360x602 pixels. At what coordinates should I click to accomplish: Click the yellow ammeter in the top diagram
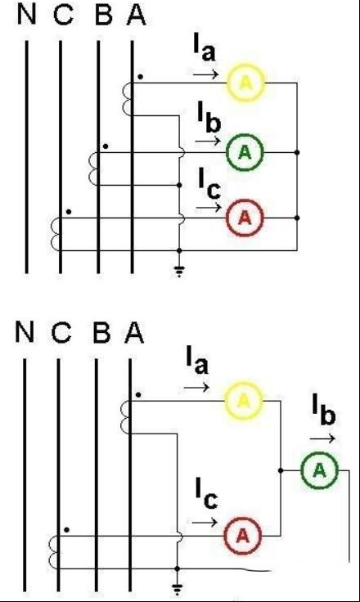coord(246,83)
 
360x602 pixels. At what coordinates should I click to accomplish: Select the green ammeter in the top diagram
coord(245,152)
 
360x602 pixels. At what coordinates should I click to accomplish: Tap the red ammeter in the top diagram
coord(245,218)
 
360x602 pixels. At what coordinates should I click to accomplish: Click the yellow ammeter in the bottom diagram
coord(244,401)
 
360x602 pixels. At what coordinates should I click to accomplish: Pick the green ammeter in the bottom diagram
coord(319,470)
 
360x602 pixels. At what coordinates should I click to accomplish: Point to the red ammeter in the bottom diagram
coord(243,536)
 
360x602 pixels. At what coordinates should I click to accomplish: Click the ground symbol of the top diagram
coord(179,272)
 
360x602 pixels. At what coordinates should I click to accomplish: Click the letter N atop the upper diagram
coord(27,16)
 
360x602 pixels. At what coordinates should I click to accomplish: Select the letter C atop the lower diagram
coord(61,332)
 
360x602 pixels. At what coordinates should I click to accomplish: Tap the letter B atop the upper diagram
coord(103,16)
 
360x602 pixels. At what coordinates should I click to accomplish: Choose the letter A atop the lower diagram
coord(134,332)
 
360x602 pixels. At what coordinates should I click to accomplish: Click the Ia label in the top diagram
coord(205,50)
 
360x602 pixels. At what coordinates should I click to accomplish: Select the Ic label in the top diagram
coord(209,183)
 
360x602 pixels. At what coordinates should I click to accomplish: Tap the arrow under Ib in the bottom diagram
coord(322,438)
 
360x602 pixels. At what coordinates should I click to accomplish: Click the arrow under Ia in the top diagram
coord(206,74)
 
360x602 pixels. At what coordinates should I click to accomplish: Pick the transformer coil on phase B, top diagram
coord(94,169)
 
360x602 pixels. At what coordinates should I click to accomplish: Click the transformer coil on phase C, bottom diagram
coord(55,552)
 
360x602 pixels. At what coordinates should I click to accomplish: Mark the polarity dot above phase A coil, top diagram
coord(141,77)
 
